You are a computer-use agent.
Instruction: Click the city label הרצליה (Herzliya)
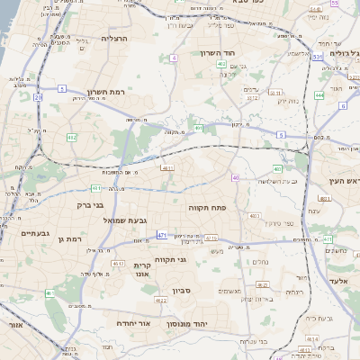115,39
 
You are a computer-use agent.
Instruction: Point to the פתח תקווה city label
206,208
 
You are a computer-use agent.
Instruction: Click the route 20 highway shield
38,96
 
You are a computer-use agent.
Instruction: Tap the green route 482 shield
71,137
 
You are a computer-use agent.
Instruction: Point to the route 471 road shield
161,235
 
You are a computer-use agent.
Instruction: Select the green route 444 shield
319,94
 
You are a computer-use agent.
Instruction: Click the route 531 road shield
318,57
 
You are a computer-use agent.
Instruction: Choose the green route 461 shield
50,293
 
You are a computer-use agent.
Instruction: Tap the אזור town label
13,324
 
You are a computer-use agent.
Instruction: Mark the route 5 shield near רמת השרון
62,88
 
